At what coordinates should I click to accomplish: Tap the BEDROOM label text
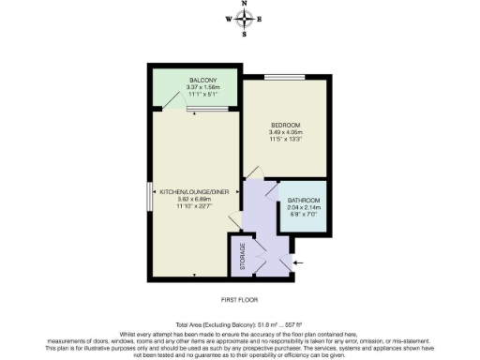[x=285, y=125]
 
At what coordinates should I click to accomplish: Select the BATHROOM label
[x=304, y=201]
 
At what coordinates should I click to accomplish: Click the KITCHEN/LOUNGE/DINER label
[x=194, y=191]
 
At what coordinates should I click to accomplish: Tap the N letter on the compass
[x=245, y=4]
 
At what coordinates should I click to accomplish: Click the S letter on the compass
[x=245, y=35]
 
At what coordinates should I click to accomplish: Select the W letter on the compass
[x=228, y=19]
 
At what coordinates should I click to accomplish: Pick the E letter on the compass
[x=261, y=19]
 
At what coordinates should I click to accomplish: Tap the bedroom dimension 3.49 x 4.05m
[x=285, y=132]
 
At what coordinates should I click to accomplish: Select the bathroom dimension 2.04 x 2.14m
[x=304, y=208]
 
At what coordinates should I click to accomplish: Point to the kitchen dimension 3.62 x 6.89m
[x=194, y=199]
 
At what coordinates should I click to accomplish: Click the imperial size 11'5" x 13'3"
[x=285, y=140]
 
